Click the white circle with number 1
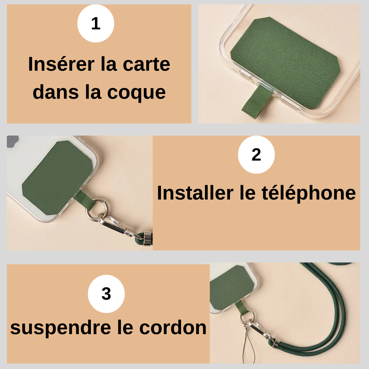click(96, 24)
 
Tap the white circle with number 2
click(256, 155)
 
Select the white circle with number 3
click(106, 294)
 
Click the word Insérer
click(61, 64)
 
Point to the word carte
click(146, 65)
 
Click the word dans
click(56, 92)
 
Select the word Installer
click(195, 193)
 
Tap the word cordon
click(173, 328)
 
